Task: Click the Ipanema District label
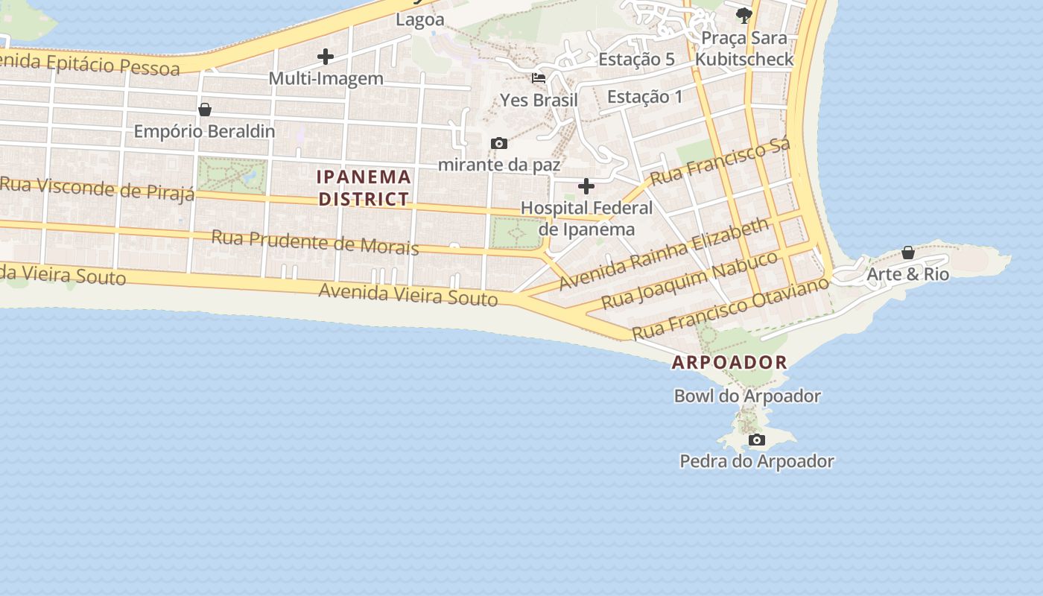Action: pyautogui.click(x=364, y=188)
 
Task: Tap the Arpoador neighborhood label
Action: pyautogui.click(x=729, y=363)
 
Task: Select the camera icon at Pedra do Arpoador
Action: pyautogui.click(x=756, y=440)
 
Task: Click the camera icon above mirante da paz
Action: pyautogui.click(x=498, y=143)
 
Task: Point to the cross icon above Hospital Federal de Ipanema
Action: pyautogui.click(x=586, y=186)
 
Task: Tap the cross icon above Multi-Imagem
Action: pyautogui.click(x=326, y=56)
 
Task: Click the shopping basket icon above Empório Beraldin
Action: pyautogui.click(x=205, y=110)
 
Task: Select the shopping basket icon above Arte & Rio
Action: pyautogui.click(x=908, y=253)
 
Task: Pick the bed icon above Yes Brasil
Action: pyautogui.click(x=539, y=77)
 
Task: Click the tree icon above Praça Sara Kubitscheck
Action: pyautogui.click(x=743, y=15)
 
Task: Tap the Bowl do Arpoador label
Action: pyautogui.click(x=747, y=396)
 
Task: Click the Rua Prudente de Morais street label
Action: pyautogui.click(x=314, y=242)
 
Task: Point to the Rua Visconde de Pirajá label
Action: pyautogui.click(x=97, y=188)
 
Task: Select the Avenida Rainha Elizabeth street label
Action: pyautogui.click(x=664, y=254)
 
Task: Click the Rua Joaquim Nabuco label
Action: pyautogui.click(x=689, y=280)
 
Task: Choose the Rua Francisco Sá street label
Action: pyautogui.click(x=720, y=163)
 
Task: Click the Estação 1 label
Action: pyautogui.click(x=644, y=96)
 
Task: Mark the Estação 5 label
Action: pyautogui.click(x=637, y=59)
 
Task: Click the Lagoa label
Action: pyautogui.click(x=419, y=19)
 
